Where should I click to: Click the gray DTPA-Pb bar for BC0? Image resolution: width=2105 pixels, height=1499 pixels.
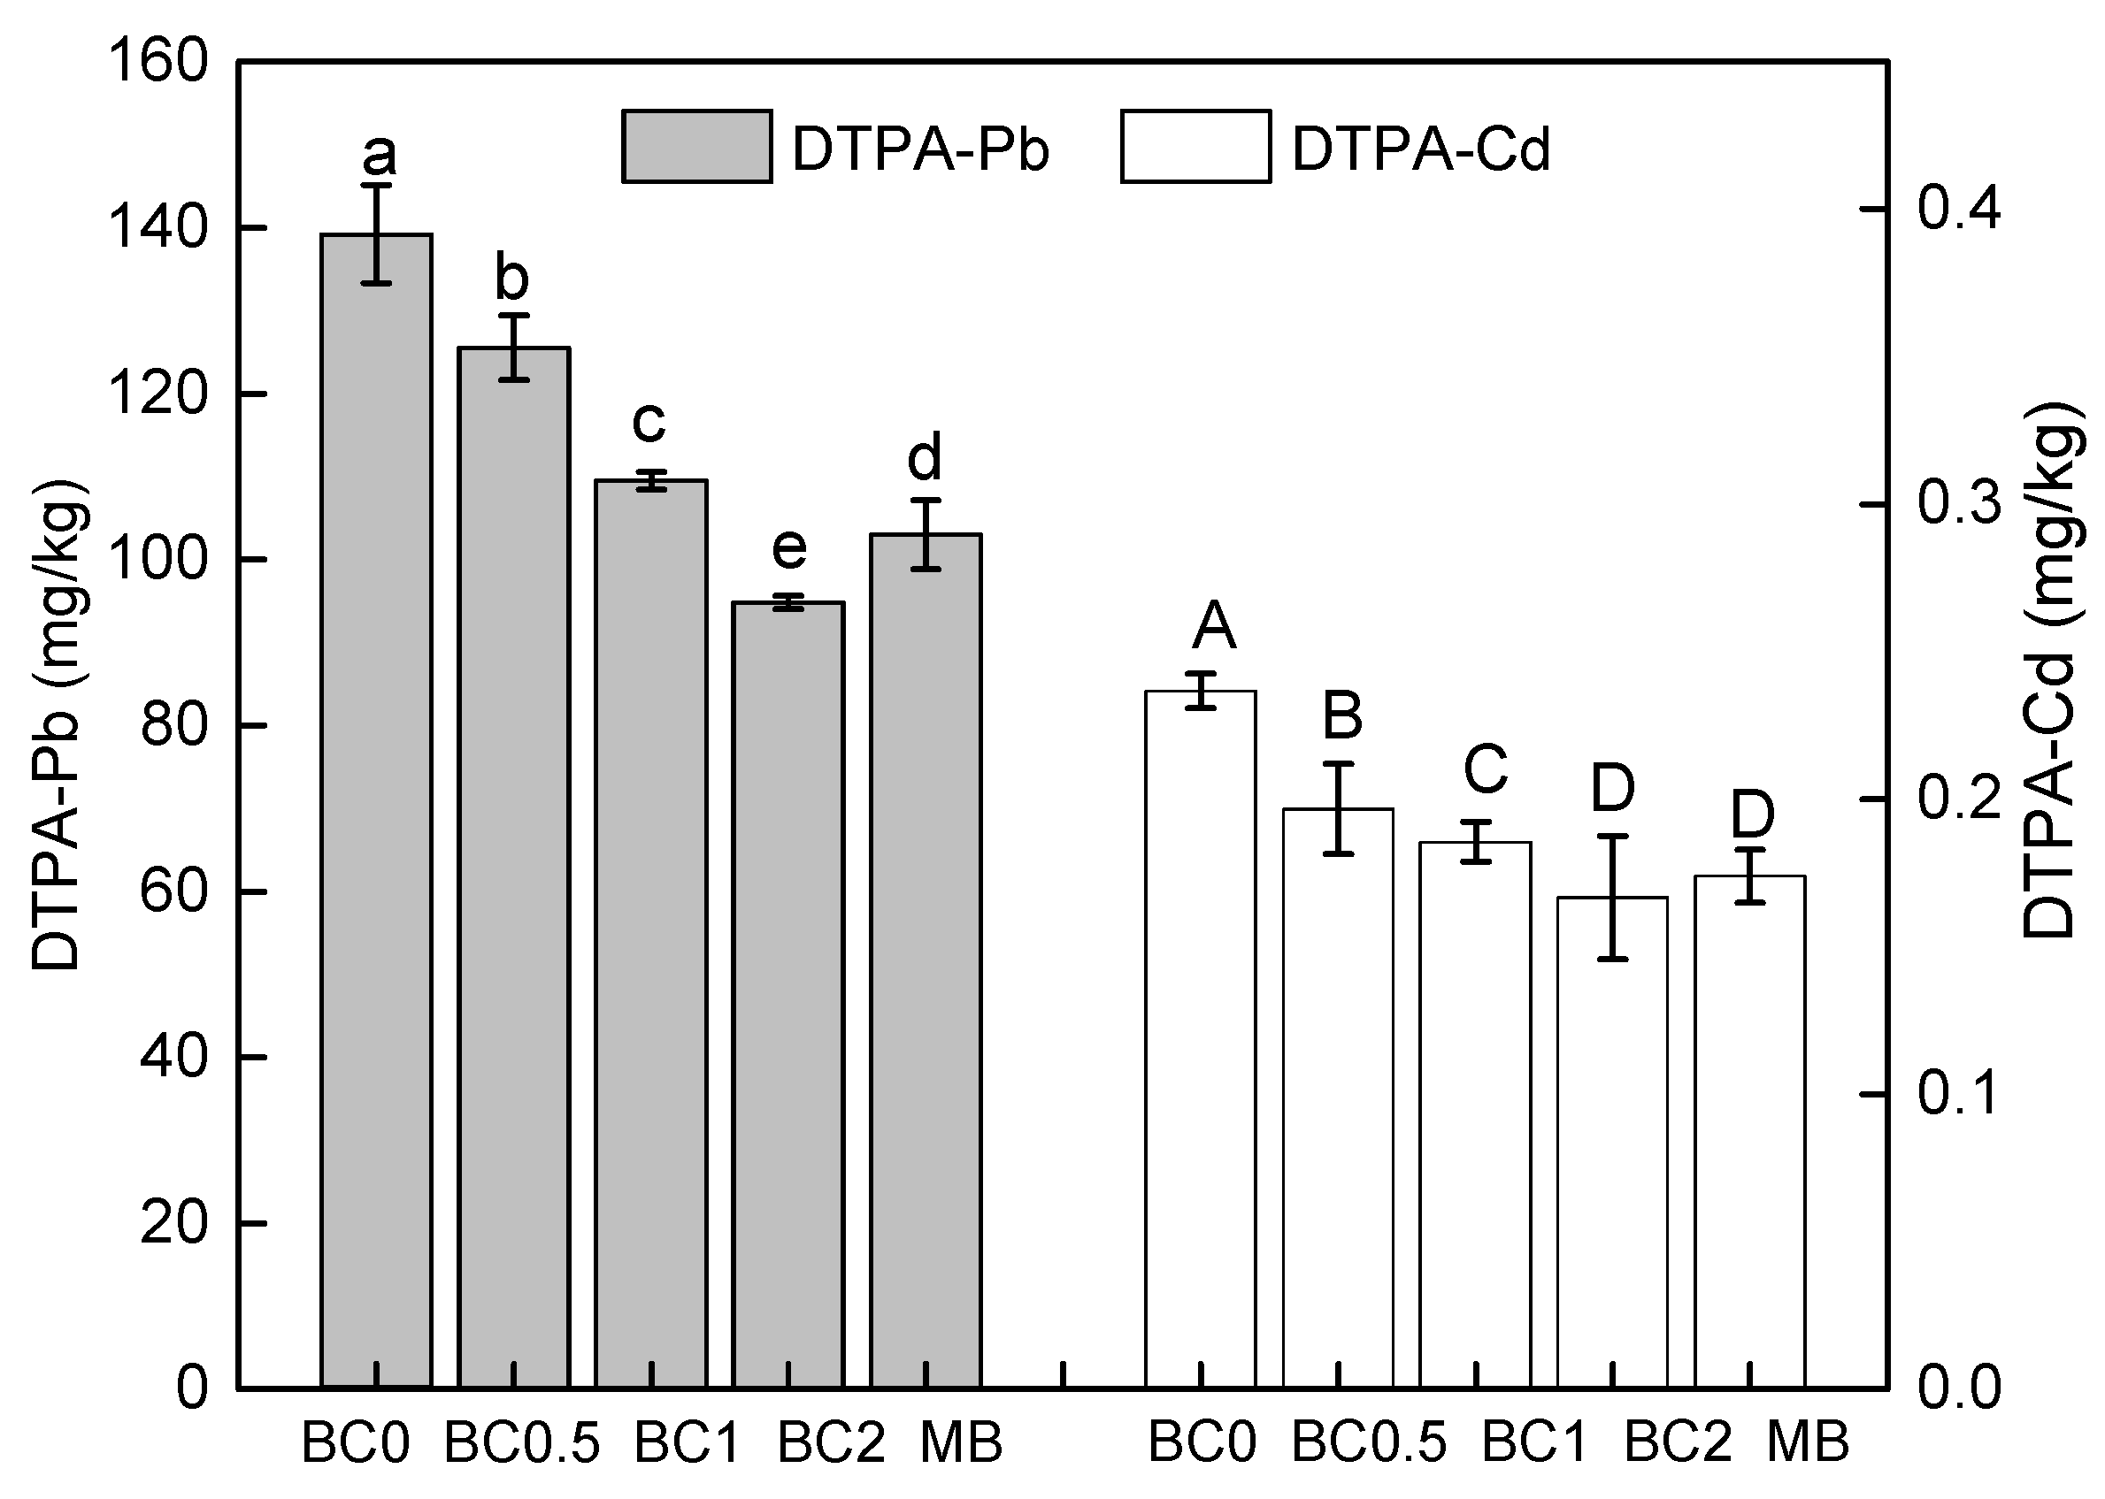click(x=376, y=812)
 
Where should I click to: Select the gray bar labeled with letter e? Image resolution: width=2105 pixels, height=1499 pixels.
click(x=787, y=997)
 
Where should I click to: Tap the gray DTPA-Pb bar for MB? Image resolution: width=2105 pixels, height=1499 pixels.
click(x=926, y=960)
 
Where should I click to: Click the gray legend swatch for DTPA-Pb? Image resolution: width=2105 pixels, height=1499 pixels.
click(x=696, y=147)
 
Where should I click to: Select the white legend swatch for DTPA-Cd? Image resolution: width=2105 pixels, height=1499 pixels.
click(x=1195, y=147)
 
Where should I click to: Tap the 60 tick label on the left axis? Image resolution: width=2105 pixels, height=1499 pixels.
click(x=173, y=891)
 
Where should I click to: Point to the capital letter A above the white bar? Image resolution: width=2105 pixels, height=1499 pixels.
click(x=1214, y=625)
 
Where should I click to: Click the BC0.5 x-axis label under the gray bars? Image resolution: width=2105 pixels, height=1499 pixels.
click(x=522, y=1442)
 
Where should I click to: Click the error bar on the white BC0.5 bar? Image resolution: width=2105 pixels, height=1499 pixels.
click(x=1338, y=808)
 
